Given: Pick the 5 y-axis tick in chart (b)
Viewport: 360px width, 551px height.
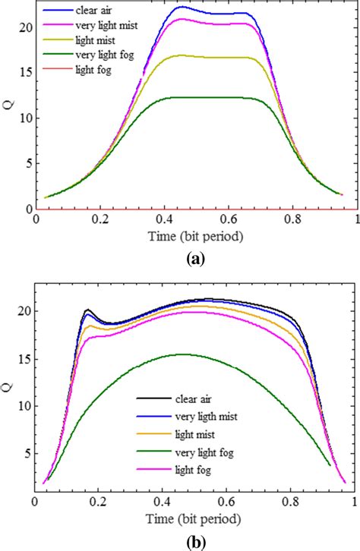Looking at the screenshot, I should [x=27, y=454].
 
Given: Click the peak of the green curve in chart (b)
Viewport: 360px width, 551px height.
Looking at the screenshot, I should [x=182, y=354].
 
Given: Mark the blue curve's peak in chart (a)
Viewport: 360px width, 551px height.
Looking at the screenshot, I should [x=182, y=7].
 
